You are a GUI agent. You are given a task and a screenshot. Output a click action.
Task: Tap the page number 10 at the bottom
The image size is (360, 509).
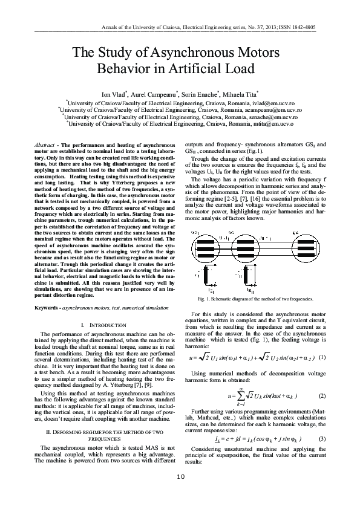(x=180, y=494)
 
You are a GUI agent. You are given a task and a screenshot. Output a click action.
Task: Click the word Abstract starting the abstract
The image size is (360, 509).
(x=44, y=146)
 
